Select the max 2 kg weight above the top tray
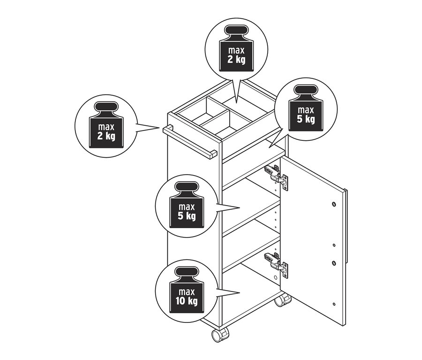[237, 48]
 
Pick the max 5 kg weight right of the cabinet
[306, 108]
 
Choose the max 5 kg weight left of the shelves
[187, 205]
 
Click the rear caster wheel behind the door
[283, 300]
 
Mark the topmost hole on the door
[334, 204]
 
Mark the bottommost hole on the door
[334, 304]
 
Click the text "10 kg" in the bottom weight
[187, 301]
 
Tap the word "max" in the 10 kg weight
[187, 292]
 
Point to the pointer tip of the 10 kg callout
[240, 292]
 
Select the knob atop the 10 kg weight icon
[187, 273]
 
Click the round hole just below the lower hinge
[275, 277]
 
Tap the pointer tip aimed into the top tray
[237, 102]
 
